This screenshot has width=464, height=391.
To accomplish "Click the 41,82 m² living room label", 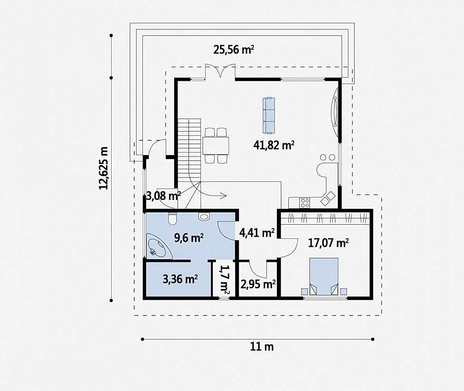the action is (x=274, y=145).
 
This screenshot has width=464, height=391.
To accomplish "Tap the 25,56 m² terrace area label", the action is (x=234, y=50).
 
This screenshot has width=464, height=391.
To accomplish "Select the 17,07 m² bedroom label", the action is (x=328, y=243).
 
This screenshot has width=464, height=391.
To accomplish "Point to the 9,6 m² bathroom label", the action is (x=189, y=238).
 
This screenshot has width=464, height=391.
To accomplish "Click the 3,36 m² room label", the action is (x=180, y=279).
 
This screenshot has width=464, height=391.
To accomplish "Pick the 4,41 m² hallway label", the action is (x=257, y=233).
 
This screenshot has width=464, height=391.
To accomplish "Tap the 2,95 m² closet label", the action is (x=258, y=284).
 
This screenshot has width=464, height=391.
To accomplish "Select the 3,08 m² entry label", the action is (x=163, y=195).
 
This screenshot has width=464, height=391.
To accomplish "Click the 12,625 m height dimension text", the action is (x=104, y=168).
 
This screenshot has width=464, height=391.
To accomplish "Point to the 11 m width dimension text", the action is (x=262, y=346).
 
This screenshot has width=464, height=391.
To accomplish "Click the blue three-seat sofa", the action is (x=269, y=115).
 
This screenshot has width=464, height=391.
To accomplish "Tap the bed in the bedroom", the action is (x=324, y=276).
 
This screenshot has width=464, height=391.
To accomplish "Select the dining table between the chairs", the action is (x=216, y=146).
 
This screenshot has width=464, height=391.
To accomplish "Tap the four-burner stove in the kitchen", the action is (x=305, y=203).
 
